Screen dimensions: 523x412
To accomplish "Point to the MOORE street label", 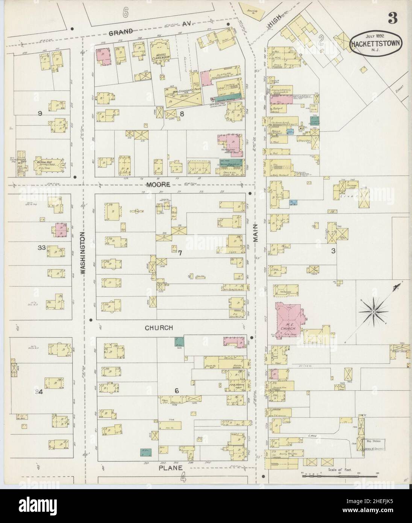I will (x=159, y=185).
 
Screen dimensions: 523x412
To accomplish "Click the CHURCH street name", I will (x=159, y=328).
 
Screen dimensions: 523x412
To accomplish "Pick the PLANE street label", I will (x=170, y=468).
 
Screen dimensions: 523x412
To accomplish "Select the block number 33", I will (x=42, y=248).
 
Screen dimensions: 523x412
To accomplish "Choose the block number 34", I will (x=39, y=392).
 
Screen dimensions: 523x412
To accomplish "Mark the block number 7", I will (x=180, y=253).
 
